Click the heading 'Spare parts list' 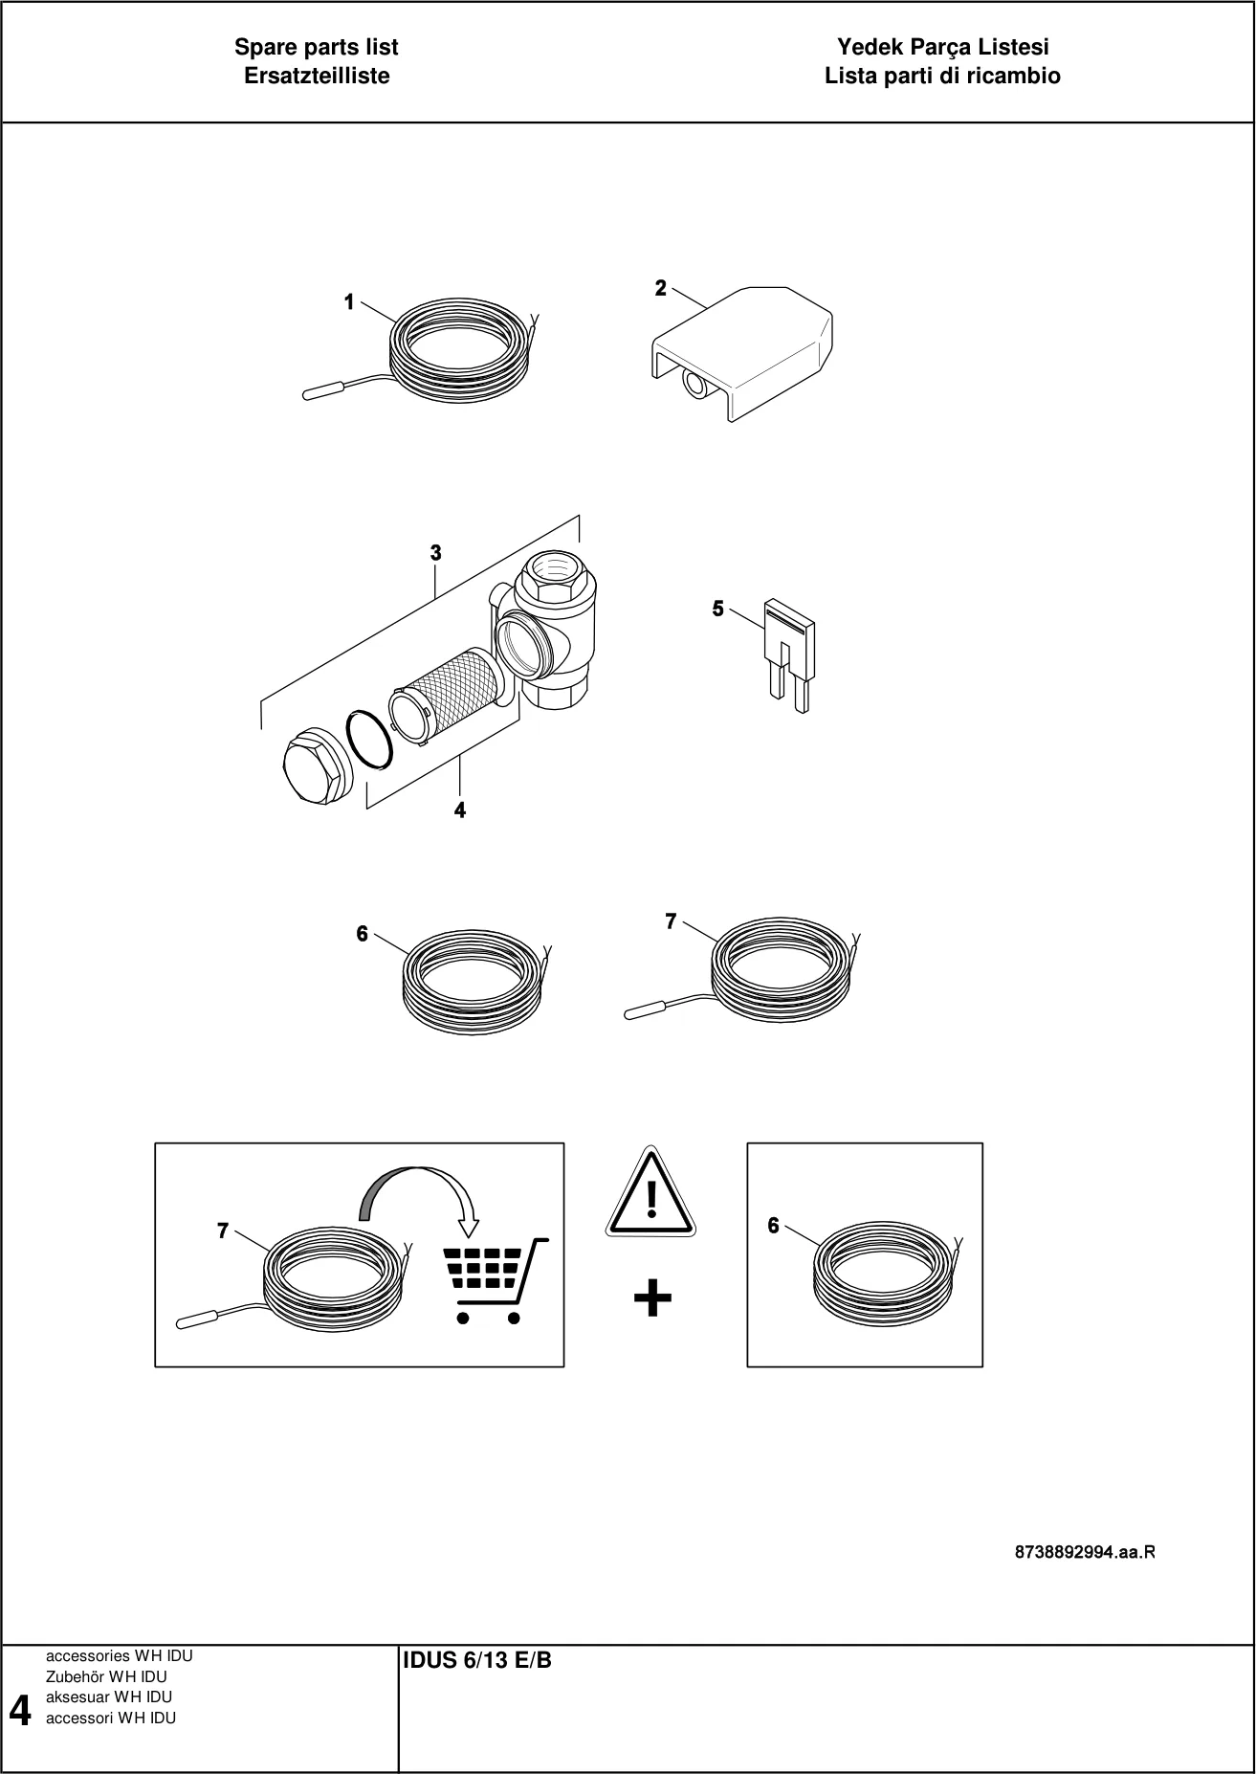[317, 47]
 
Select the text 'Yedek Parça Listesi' [943, 47]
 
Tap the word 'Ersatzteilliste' [317, 77]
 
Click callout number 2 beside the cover [660, 288]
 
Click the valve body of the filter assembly [544, 632]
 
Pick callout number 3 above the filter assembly [435, 553]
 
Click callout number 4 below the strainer [460, 810]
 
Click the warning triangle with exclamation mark [650, 1190]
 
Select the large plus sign [652, 1299]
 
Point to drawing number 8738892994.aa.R [1085, 1552]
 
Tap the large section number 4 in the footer [19, 1710]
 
